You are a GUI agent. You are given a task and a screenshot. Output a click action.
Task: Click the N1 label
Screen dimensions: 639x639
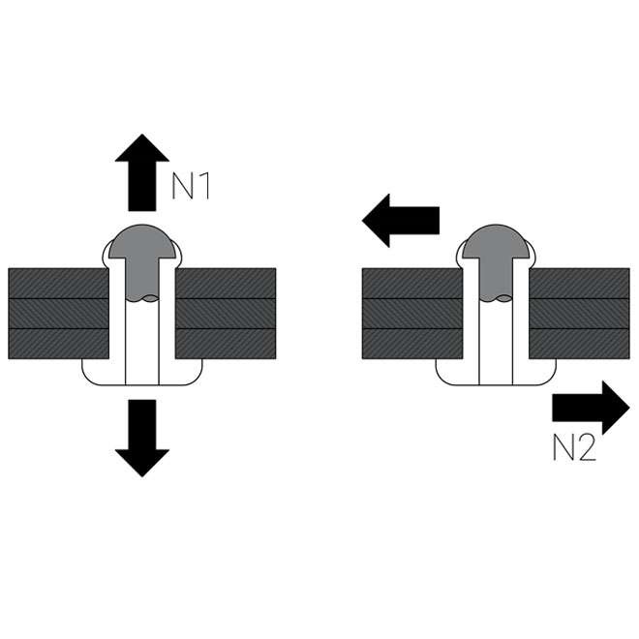coord(191,184)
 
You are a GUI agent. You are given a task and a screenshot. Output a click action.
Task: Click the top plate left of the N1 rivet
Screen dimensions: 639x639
coord(56,282)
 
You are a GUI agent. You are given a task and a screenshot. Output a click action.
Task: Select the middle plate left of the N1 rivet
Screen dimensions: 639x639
coord(56,313)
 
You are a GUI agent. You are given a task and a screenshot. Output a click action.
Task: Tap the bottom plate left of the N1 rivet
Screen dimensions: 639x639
coord(56,344)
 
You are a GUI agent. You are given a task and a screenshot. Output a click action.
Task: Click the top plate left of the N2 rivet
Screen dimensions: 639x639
coord(411,282)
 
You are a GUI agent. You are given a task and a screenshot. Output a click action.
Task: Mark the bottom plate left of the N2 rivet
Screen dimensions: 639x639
coord(411,344)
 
